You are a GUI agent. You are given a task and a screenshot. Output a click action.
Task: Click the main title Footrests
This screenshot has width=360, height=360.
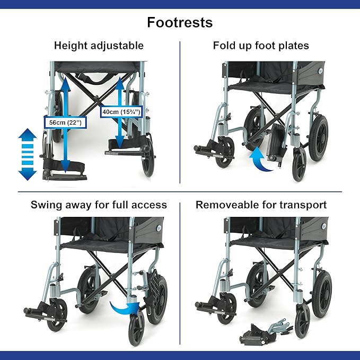(x=180, y=23)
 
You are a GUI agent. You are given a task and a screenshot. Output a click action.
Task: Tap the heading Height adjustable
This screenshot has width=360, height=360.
(x=99, y=46)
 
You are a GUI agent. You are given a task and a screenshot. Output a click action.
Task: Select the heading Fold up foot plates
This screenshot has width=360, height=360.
(x=261, y=46)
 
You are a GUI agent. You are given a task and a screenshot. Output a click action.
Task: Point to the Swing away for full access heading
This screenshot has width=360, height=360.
(x=99, y=205)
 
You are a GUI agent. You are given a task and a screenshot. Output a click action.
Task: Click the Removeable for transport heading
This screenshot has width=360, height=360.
(x=261, y=205)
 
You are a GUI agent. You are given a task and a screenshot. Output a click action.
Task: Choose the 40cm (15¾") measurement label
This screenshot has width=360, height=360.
(x=122, y=112)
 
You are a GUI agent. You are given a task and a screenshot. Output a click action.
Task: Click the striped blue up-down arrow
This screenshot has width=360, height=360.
(x=27, y=154)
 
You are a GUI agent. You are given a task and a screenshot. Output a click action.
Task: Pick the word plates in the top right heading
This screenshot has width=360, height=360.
(x=294, y=46)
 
